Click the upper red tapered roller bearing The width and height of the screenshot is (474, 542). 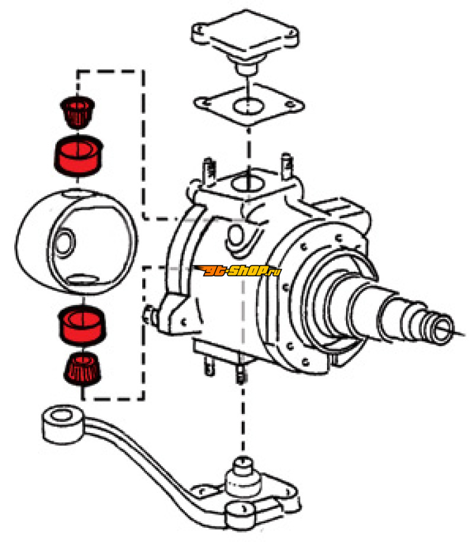pos(78,111)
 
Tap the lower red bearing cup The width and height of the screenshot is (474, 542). pos(82,326)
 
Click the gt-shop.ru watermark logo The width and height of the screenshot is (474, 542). pos(239,271)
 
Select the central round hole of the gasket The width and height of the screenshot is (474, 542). pos(248,106)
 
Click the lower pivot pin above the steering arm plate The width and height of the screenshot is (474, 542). pos(244,477)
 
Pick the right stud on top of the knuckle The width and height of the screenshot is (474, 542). pos(287,165)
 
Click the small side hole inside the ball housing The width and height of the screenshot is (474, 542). pos(65,243)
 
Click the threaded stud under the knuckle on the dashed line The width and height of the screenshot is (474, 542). pos(241,370)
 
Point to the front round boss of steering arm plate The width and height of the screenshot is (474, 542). pos(241,515)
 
